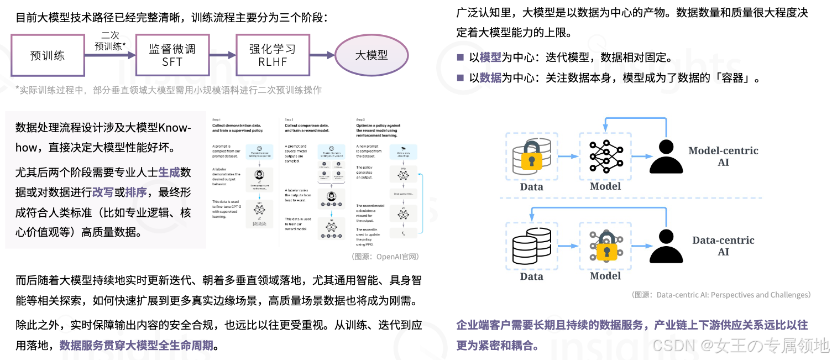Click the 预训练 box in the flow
(48, 55)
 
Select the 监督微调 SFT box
(172, 55)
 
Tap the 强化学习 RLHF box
(273, 55)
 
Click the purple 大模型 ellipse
(371, 55)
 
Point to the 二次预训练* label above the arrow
(109, 40)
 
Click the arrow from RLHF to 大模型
(322, 55)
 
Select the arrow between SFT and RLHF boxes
(222, 55)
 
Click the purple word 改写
(103, 192)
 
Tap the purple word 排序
(136, 192)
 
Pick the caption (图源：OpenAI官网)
(385, 257)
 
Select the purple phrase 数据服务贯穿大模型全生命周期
(136, 346)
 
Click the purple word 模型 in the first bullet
(490, 58)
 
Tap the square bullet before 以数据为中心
(460, 78)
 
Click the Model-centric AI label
(723, 156)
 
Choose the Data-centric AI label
(723, 246)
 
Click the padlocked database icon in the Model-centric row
(531, 156)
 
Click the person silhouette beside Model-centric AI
(666, 157)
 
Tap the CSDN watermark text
(741, 346)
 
